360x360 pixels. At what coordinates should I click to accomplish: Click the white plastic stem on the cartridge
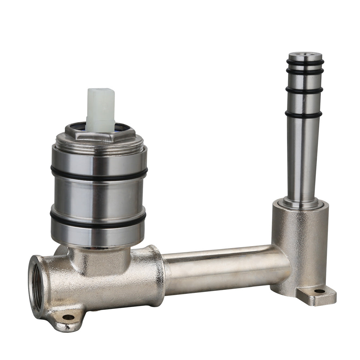point(100,105)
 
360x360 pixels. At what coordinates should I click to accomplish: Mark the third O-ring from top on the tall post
point(304,90)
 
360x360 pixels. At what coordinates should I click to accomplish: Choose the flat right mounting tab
point(324,295)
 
